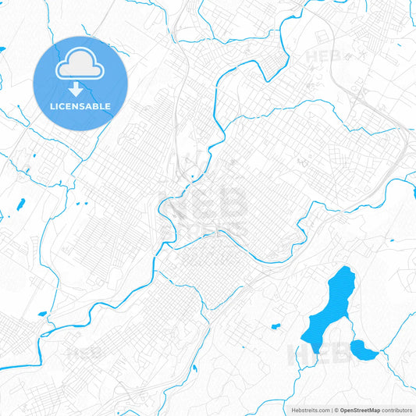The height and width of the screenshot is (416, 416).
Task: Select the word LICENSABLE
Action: coord(80,106)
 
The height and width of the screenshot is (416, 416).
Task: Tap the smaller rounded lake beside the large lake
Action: coord(363,350)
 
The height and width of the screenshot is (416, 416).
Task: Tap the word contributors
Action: coord(397,410)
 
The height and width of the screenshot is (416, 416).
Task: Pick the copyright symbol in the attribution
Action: coord(336,410)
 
